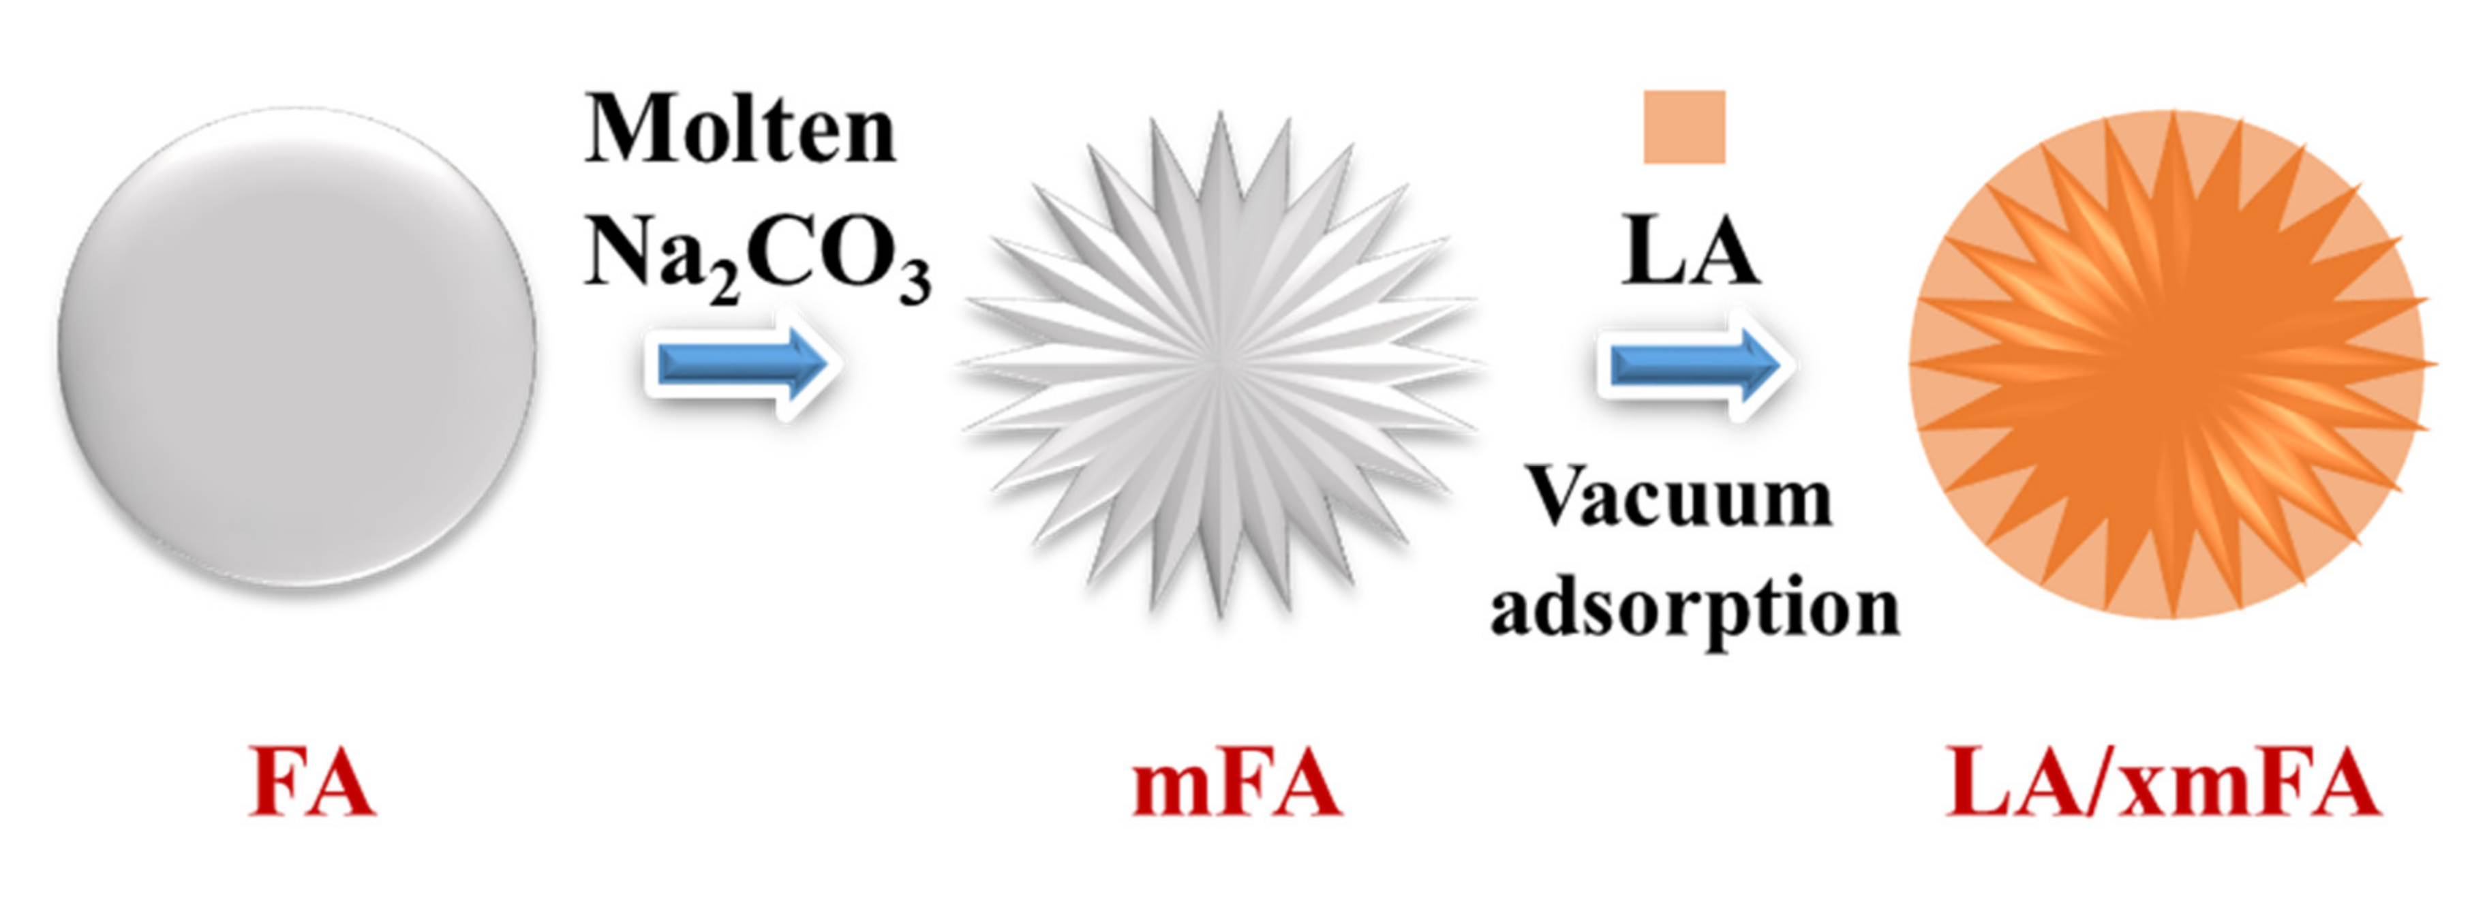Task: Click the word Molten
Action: pyautogui.click(x=740, y=132)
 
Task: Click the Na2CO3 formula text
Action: pyautogui.click(x=757, y=255)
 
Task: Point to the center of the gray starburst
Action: pyautogui.click(x=1220, y=364)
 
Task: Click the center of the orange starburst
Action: pyautogui.click(x=2171, y=364)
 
